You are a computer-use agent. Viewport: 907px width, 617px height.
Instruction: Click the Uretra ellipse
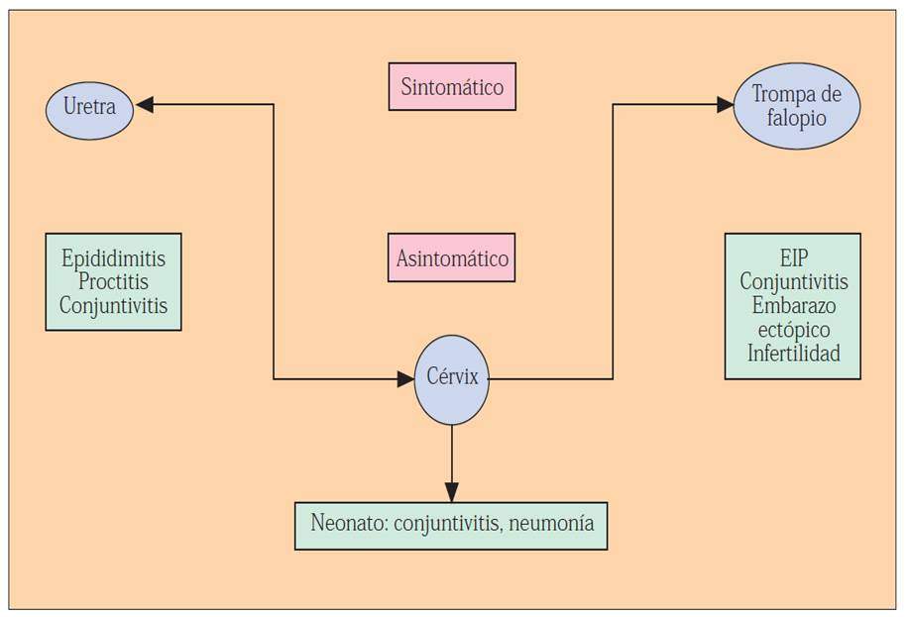click(x=89, y=108)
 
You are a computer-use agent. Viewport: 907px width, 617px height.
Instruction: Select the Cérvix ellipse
click(x=451, y=378)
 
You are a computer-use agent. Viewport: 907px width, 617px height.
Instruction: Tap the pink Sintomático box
click(x=451, y=87)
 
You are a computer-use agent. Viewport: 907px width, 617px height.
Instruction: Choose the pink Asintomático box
click(x=451, y=258)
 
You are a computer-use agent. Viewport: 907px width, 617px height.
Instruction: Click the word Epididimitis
click(x=113, y=258)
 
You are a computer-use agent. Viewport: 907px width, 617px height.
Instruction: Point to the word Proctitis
click(x=113, y=282)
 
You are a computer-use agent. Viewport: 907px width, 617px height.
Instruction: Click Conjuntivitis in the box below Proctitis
click(x=113, y=305)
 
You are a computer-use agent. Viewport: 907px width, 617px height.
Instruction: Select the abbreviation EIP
click(x=793, y=258)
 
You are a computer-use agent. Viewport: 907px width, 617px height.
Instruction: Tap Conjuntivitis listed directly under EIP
click(x=793, y=281)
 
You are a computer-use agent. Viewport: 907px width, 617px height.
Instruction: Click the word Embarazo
click(x=793, y=305)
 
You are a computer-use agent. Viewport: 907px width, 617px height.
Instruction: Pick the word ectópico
click(x=793, y=329)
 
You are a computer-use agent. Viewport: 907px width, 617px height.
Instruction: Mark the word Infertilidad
click(x=793, y=353)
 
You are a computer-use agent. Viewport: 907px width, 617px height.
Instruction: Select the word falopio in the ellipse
click(x=796, y=118)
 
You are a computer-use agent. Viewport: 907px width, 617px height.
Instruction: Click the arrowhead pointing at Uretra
click(x=145, y=104)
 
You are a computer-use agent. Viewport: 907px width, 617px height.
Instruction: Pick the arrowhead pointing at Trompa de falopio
click(x=726, y=104)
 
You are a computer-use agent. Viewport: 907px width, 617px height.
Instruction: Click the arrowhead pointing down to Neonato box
click(x=451, y=492)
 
